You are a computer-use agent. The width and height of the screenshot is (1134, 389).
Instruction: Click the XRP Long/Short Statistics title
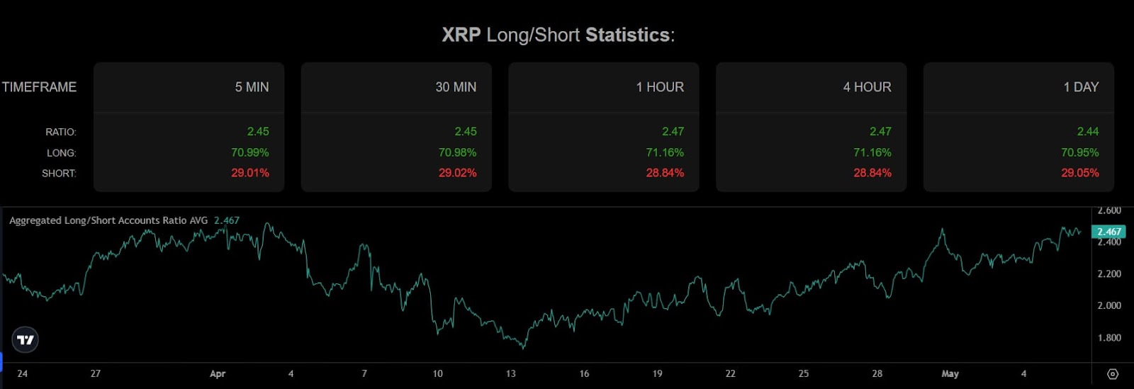tap(558, 35)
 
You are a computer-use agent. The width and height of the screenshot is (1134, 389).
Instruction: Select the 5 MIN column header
tap(252, 87)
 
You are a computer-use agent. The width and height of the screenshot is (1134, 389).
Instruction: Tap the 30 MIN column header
tap(456, 87)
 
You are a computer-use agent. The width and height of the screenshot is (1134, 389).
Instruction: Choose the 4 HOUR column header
tap(867, 87)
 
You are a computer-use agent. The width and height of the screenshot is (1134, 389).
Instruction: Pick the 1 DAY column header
tap(1081, 87)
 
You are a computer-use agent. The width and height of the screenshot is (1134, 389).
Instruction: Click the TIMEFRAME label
tap(39, 87)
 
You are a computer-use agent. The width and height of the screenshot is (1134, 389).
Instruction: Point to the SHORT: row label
tap(59, 174)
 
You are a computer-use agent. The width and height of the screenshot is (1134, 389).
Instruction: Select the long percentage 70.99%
tap(249, 152)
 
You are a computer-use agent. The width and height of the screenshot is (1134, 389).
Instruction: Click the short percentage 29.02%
tap(457, 173)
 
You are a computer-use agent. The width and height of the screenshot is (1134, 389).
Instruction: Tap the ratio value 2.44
tap(1087, 131)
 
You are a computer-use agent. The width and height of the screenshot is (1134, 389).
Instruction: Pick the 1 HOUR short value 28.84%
tap(665, 173)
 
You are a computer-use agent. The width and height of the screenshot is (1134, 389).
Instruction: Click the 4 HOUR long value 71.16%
tap(872, 152)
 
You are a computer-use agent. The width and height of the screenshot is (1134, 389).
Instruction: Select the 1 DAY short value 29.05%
tap(1079, 173)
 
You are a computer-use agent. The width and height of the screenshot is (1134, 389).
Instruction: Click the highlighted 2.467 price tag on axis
tap(1108, 232)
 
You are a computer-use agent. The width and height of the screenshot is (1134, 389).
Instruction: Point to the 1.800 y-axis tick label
tap(1109, 338)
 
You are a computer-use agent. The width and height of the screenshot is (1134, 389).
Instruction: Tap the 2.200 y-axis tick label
tap(1109, 274)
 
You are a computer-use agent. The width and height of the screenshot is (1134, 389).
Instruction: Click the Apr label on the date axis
tap(218, 374)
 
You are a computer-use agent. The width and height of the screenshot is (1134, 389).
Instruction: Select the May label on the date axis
tap(950, 374)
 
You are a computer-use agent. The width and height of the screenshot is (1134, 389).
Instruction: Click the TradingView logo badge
tap(26, 340)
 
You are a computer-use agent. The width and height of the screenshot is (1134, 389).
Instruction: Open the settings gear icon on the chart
tap(1113, 374)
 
